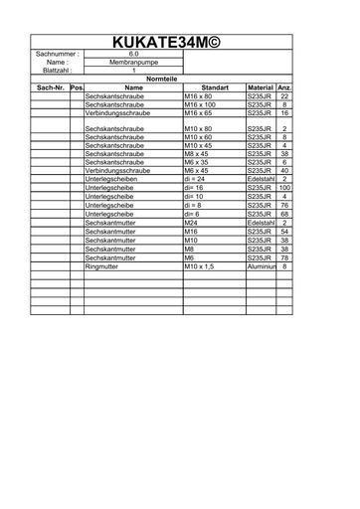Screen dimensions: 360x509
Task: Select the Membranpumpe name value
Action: pos(133,63)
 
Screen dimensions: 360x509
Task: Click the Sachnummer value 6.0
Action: pos(133,54)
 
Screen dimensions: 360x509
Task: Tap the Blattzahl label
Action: pos(56,71)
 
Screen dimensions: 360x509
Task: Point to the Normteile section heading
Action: pos(162,79)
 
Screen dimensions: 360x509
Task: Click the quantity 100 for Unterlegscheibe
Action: pos(284,187)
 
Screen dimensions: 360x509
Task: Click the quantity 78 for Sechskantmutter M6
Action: pos(284,257)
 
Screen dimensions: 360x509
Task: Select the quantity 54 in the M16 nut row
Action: pos(284,232)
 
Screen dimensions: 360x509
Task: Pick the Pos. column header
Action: pos(77,87)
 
